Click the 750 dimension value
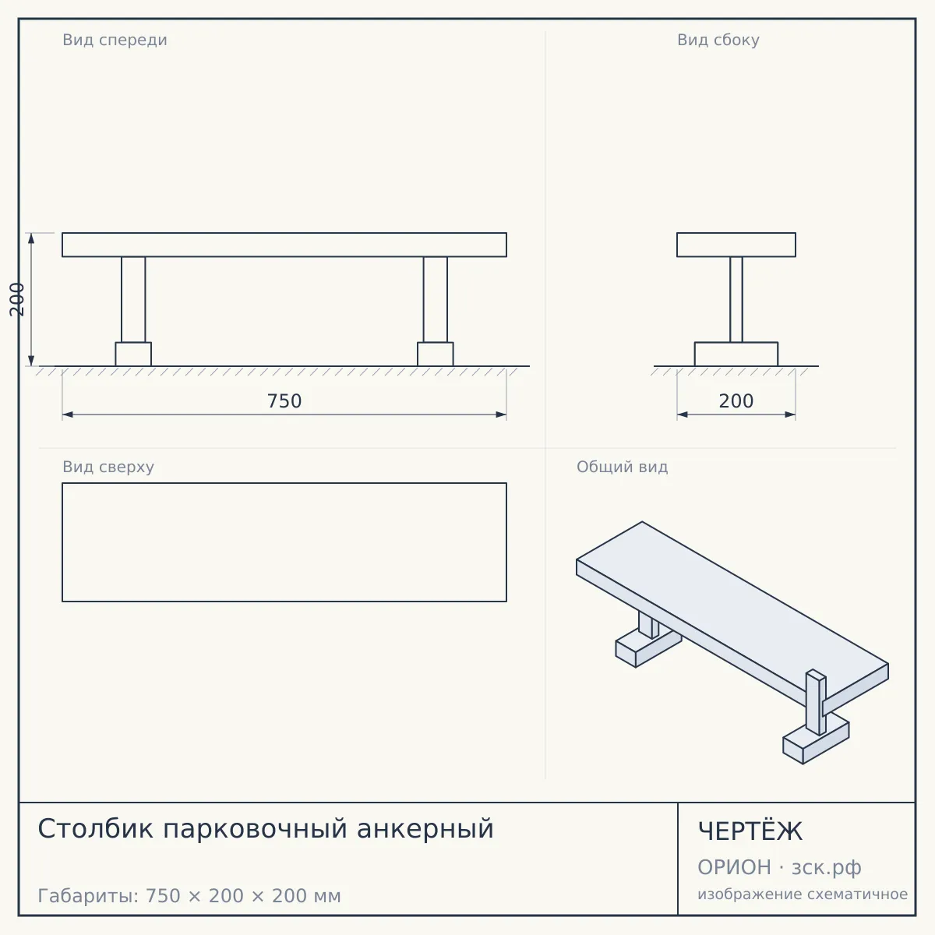[x=284, y=401]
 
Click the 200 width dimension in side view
[x=736, y=401]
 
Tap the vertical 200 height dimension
[x=17, y=299]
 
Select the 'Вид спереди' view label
[x=115, y=40]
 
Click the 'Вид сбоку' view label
[x=718, y=40]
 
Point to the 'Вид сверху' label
[x=108, y=467]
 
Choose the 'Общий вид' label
[x=622, y=467]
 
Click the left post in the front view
[x=133, y=299]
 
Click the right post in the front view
[x=436, y=299]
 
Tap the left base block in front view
[x=133, y=355]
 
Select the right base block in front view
[x=436, y=355]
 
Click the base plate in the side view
[x=736, y=355]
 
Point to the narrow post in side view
[x=736, y=299]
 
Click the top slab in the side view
[x=736, y=245]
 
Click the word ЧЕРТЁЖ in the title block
[x=750, y=831]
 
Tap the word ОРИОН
[x=734, y=867]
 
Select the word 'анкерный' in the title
[x=425, y=829]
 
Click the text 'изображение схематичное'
[x=803, y=894]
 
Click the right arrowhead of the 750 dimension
[x=501, y=415]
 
